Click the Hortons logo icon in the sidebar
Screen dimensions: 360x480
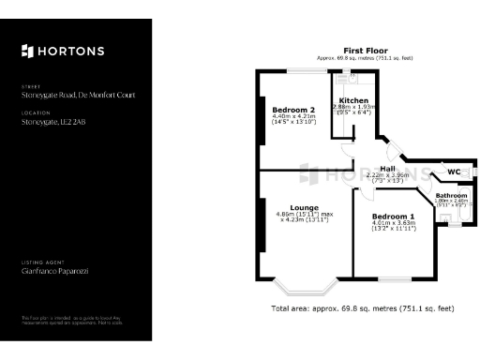(26, 51)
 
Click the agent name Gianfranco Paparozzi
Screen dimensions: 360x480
(54, 271)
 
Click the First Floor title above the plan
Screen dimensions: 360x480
(366, 51)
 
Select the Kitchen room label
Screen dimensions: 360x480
(353, 100)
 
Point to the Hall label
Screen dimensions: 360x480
(387, 169)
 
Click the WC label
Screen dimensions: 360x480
(454, 172)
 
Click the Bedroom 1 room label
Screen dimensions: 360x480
(393, 217)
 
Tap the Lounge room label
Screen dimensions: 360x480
(304, 207)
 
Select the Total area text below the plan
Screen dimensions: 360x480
(362, 307)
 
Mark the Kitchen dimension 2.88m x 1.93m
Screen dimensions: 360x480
(353, 108)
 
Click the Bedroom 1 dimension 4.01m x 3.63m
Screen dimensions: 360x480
(393, 223)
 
